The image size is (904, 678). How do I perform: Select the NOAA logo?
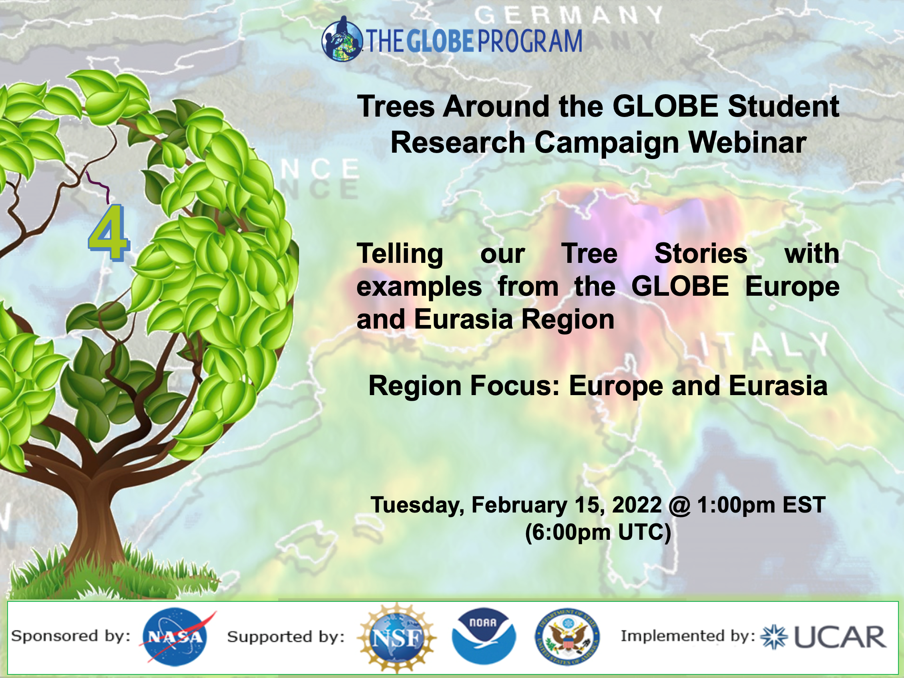click(x=484, y=636)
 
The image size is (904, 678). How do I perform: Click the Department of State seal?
click(x=567, y=637)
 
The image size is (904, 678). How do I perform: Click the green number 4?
click(x=109, y=233)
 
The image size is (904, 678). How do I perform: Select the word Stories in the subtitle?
click(x=701, y=254)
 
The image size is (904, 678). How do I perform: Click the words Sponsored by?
click(x=71, y=636)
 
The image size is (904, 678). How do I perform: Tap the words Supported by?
click(x=286, y=637)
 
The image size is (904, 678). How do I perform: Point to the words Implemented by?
click(x=688, y=636)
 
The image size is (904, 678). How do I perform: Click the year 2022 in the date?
click(x=636, y=505)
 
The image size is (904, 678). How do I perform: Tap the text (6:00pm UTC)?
click(x=597, y=533)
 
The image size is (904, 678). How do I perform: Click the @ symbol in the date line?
click(x=680, y=505)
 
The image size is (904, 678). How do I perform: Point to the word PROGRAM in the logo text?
click(x=530, y=41)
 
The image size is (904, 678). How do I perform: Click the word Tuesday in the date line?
click(x=417, y=505)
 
